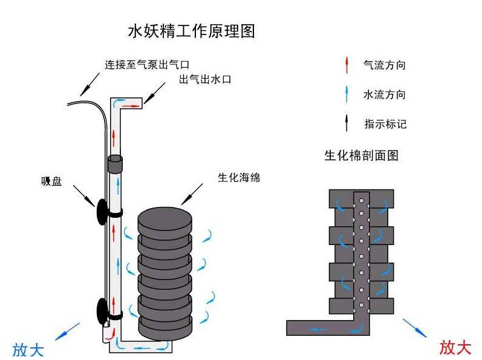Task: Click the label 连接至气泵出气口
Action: point(151,65)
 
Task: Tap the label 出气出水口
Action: point(205,80)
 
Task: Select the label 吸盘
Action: point(51,181)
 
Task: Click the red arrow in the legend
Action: point(347,65)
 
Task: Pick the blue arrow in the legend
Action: point(347,94)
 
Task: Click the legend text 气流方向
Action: point(385,65)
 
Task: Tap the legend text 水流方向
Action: point(385,94)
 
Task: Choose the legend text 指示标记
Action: point(385,124)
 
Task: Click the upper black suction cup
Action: point(100,211)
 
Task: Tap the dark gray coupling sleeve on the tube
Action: point(115,163)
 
